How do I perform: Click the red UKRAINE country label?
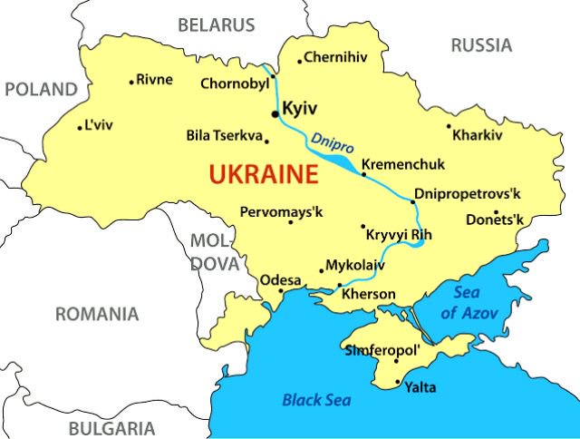click(264, 174)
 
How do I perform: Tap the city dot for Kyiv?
click(275, 114)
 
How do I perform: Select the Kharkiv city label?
click(477, 135)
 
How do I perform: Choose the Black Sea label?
click(316, 399)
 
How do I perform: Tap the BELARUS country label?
click(216, 24)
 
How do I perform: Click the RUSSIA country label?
click(481, 44)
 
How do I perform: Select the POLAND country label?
click(41, 89)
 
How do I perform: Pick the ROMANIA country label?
click(97, 315)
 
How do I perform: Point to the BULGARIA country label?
click(111, 428)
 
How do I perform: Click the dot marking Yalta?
click(399, 384)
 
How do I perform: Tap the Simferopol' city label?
click(382, 349)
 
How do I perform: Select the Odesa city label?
click(280, 279)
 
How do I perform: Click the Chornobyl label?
click(235, 83)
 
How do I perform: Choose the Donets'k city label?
click(495, 219)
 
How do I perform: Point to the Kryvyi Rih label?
click(399, 234)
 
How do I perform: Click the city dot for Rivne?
click(131, 83)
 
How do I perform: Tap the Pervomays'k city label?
click(281, 211)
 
